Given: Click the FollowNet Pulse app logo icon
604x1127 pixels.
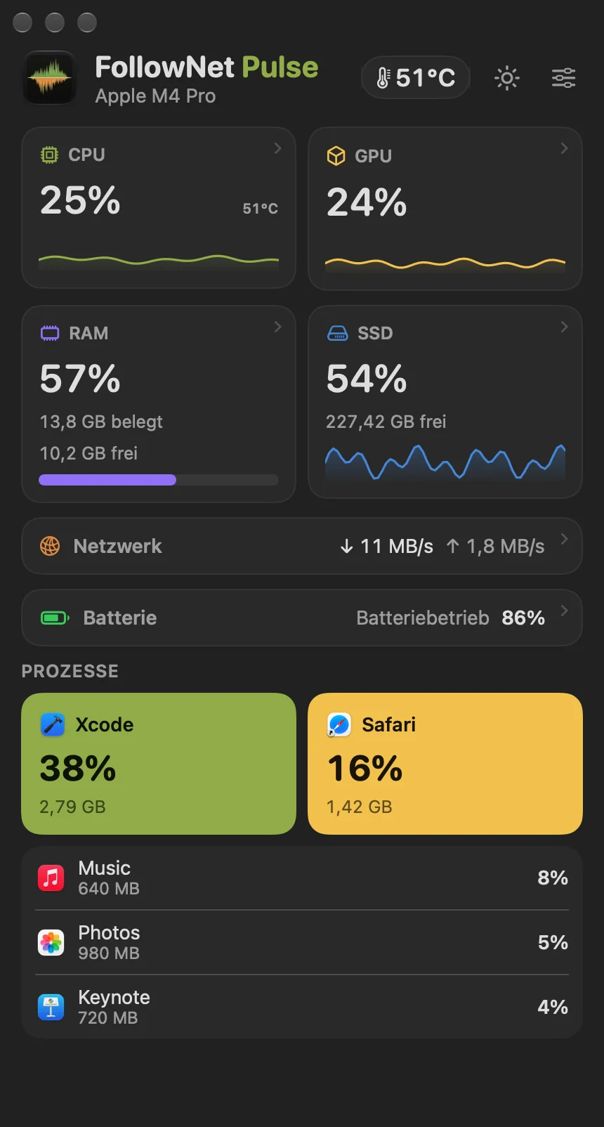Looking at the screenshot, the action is coord(49,78).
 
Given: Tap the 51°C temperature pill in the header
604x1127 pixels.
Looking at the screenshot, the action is coord(416,77).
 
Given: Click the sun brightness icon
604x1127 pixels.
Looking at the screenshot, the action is coord(507,78).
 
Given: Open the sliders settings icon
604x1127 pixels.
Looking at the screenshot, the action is coord(564,78).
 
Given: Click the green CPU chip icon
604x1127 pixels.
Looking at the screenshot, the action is coord(49,155).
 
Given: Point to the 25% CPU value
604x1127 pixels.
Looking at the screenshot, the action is coord(81,200).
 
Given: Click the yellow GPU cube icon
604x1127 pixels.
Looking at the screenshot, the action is coord(336,156).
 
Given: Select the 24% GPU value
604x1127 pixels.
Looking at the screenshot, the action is coord(367,202).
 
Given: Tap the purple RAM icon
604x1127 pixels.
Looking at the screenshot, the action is coord(50,333).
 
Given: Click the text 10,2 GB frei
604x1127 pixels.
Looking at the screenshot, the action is coord(88,453).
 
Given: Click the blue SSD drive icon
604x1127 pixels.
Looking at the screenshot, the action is coord(337,333).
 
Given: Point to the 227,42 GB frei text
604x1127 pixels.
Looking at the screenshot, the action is coord(386,422).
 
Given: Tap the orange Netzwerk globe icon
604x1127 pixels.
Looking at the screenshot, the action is coord(50,546).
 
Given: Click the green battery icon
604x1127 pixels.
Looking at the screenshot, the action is coord(55,618).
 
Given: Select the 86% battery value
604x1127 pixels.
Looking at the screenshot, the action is coord(523,618).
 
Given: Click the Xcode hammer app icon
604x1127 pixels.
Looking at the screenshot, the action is coord(52,725).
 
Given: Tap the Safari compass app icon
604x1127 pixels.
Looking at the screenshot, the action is coord(339,725).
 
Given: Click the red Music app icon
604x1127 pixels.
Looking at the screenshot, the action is coord(51,878).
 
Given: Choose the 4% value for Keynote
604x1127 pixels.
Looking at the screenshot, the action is coord(553,1007).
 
